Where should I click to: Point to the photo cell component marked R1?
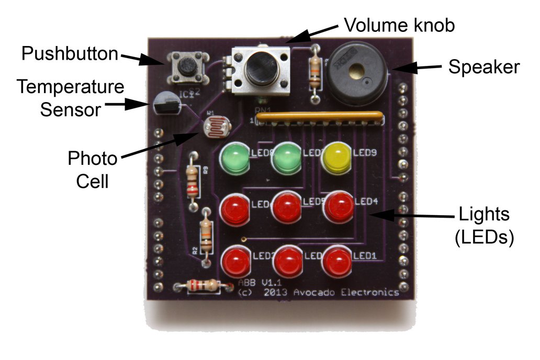click(x=215, y=126)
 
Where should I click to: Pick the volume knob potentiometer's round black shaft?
click(x=260, y=70)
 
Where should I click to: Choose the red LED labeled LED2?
click(x=237, y=262)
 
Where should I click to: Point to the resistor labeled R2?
click(x=206, y=236)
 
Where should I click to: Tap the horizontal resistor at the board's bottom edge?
click(x=203, y=285)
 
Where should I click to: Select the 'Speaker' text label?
click(x=483, y=67)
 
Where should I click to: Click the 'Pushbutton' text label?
click(x=70, y=53)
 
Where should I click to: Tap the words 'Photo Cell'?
click(x=92, y=170)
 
